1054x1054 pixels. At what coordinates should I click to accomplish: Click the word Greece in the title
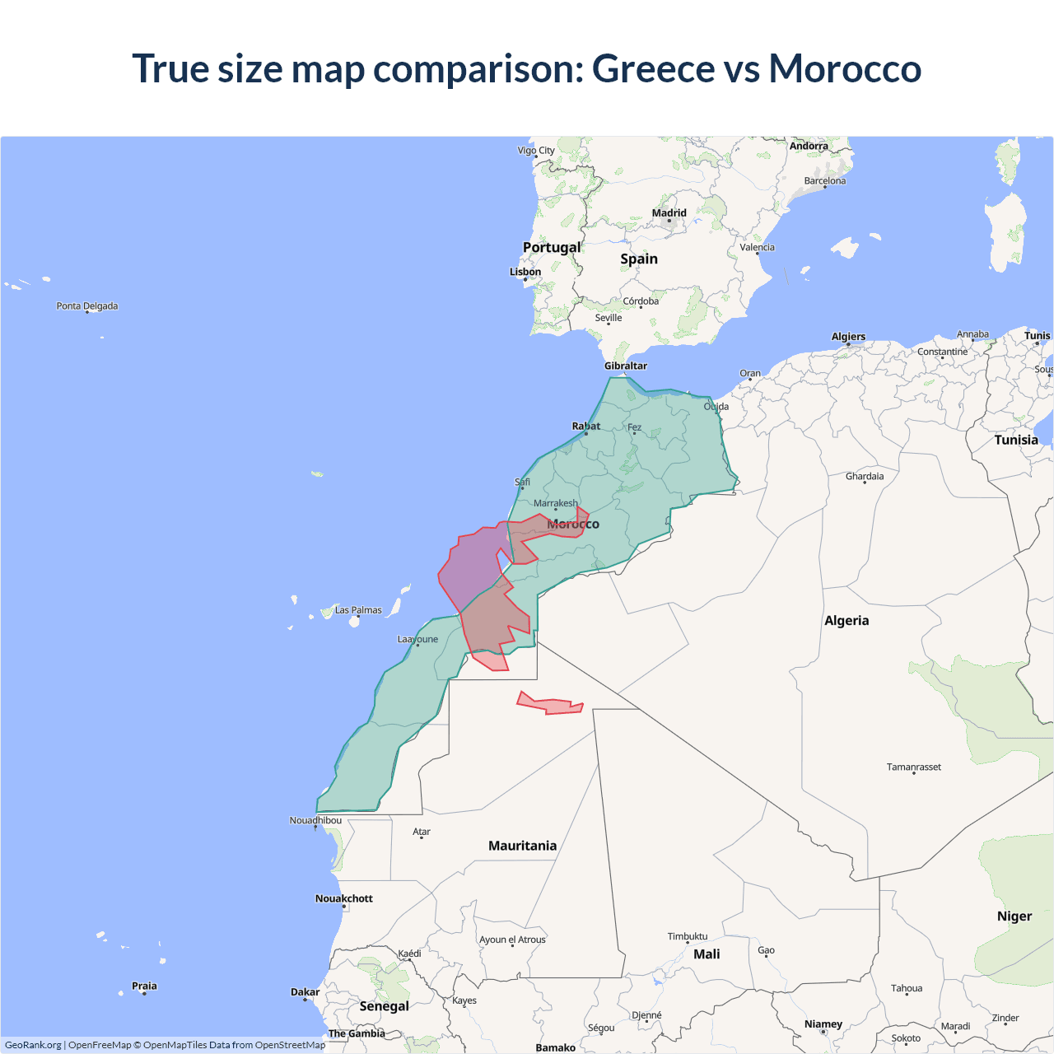pyautogui.click(x=653, y=68)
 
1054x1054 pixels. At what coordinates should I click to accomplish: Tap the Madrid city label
pyautogui.click(x=669, y=212)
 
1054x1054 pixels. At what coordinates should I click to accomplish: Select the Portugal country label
pyautogui.click(x=552, y=247)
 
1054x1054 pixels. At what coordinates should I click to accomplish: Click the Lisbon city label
pyautogui.click(x=525, y=272)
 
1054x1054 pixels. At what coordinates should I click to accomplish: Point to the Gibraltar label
pyautogui.click(x=626, y=366)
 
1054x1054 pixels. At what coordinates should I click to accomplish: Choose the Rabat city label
pyautogui.click(x=586, y=426)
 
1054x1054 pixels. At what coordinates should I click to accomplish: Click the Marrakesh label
pyautogui.click(x=556, y=503)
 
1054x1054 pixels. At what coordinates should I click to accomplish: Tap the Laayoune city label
pyautogui.click(x=417, y=639)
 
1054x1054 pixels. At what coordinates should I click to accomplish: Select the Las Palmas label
pyautogui.click(x=358, y=610)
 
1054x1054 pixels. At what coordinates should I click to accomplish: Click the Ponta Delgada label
pyautogui.click(x=87, y=305)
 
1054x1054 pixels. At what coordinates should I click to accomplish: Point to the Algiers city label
pyautogui.click(x=848, y=336)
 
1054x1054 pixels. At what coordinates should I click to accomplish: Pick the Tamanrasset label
pyautogui.click(x=914, y=767)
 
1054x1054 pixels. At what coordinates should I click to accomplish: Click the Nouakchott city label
pyautogui.click(x=344, y=898)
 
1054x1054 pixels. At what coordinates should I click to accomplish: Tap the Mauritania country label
pyautogui.click(x=522, y=846)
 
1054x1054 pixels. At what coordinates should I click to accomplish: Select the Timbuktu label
pyautogui.click(x=688, y=936)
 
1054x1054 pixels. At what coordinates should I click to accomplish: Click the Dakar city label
pyautogui.click(x=305, y=992)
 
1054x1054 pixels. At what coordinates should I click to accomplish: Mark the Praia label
pyautogui.click(x=144, y=986)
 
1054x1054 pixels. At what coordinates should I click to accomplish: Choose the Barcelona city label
pyautogui.click(x=825, y=180)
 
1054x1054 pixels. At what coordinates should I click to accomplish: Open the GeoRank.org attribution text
pyautogui.click(x=33, y=1045)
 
